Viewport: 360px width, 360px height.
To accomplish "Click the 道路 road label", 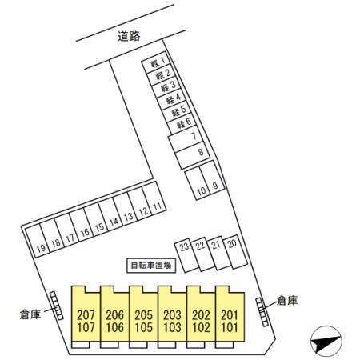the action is [x=129, y=36].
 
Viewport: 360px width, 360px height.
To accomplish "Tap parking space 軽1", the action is [x=156, y=62].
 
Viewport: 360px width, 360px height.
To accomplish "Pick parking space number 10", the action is [x=198, y=184].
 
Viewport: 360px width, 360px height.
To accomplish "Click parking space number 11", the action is [x=154, y=198].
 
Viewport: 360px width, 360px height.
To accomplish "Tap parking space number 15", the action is [x=96, y=219].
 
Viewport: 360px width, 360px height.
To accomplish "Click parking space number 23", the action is [x=186, y=255].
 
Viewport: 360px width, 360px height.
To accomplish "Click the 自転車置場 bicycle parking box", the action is [x=151, y=266].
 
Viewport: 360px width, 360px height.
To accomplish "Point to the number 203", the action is [x=172, y=315].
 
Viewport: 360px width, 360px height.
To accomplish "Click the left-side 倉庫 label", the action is [x=30, y=314].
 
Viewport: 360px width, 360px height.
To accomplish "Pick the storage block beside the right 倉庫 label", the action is [x=262, y=312].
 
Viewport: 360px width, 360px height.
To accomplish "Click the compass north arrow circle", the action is [x=326, y=342].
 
